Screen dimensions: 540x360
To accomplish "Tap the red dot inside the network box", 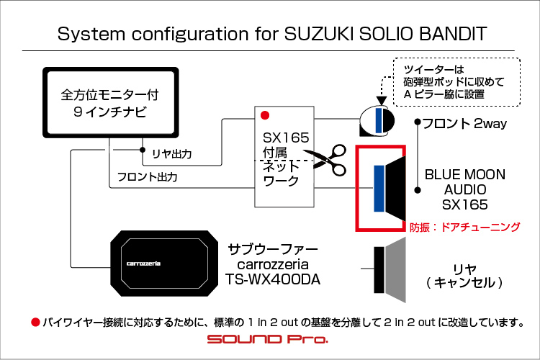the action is (265, 115).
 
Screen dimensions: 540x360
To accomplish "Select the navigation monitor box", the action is (111, 102).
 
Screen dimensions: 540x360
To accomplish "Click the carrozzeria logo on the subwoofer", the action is (143, 264).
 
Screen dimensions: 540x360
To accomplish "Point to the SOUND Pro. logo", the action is (268, 339).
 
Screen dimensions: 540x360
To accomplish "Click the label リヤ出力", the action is (172, 153).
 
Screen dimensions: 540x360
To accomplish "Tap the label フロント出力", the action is (148, 176).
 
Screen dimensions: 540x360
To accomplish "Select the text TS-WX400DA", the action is (273, 279).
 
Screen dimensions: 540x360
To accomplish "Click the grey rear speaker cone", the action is (395, 270).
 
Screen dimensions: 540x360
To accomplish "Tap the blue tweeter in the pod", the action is (379, 120).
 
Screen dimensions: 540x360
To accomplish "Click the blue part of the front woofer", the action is (379, 188).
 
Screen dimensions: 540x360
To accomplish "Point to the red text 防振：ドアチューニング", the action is (464, 227).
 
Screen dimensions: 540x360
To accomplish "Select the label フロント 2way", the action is (464, 123).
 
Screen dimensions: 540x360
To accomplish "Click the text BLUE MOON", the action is (465, 174).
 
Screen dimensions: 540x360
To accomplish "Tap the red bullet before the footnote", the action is (35, 322).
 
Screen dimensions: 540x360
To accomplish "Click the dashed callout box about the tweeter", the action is (456, 81).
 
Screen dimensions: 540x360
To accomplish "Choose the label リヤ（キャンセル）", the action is (464, 276).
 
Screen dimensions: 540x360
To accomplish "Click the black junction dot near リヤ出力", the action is (143, 150).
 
